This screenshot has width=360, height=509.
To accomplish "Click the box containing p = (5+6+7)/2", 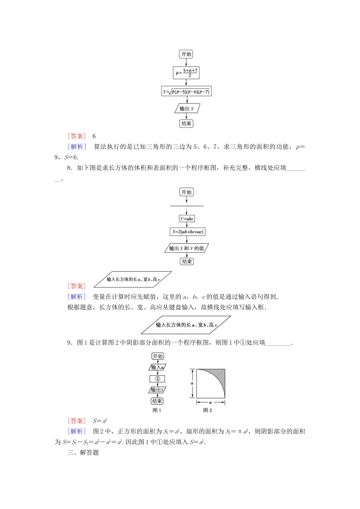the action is (x=186, y=73).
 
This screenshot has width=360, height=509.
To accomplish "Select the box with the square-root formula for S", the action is (x=186, y=92).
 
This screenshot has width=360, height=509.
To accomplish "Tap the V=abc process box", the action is (x=187, y=219).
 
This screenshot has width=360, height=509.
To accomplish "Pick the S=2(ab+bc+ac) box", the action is (x=188, y=232).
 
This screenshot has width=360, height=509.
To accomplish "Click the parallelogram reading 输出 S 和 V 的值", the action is (x=187, y=248).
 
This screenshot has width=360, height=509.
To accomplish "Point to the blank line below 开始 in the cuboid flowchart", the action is (x=186, y=206).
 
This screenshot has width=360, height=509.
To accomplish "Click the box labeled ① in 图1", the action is (x=157, y=379).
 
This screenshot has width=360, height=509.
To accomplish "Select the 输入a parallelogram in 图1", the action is (x=157, y=367).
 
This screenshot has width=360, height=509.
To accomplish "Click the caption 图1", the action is (x=157, y=410).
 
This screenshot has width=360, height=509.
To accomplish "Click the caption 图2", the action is (x=207, y=410).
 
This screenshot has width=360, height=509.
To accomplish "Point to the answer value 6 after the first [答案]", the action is (x=94, y=136).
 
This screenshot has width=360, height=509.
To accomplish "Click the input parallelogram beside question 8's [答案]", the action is (x=133, y=279).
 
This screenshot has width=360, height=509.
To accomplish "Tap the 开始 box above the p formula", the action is (x=186, y=54).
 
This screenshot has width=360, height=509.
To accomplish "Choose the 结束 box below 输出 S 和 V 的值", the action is (x=187, y=261).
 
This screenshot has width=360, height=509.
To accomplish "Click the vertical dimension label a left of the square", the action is (x=192, y=383).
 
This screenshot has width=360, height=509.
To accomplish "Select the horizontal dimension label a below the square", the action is (x=210, y=403).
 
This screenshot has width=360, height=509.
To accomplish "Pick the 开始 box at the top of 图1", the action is (x=157, y=356).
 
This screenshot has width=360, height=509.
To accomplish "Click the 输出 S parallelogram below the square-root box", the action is (x=186, y=109).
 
